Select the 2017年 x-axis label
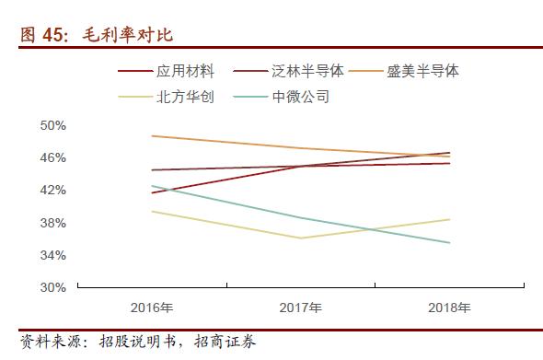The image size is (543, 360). pyautogui.click(x=300, y=308)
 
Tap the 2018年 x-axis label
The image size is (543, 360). pyautogui.click(x=449, y=308)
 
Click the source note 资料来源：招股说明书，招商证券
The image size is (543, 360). pyautogui.click(x=139, y=343)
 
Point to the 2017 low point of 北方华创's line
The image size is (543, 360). pyautogui.click(x=300, y=238)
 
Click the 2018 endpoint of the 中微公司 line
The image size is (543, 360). pyautogui.click(x=449, y=243)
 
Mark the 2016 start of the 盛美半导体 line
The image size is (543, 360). pyautogui.click(x=151, y=135)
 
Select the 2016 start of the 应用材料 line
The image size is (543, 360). pyautogui.click(x=151, y=192)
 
